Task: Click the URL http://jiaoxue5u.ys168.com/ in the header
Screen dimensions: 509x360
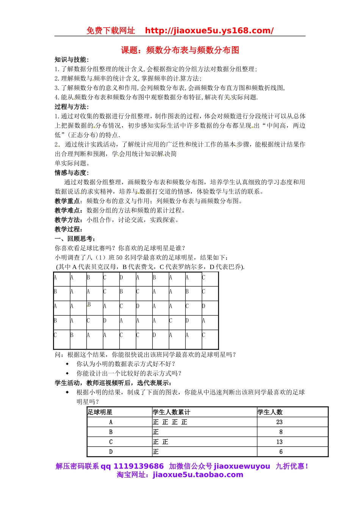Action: tap(209, 31)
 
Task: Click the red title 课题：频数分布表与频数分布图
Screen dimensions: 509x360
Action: tap(180, 50)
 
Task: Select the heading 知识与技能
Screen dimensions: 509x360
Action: tap(71, 59)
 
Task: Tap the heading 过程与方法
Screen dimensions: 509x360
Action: tap(71, 107)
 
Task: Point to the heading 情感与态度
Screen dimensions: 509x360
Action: tap(71, 173)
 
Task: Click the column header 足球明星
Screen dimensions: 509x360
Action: tap(100, 412)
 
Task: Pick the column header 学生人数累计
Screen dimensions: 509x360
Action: tap(171, 412)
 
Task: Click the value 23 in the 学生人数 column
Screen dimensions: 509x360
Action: tap(279, 422)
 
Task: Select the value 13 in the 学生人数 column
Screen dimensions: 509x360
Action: tap(279, 442)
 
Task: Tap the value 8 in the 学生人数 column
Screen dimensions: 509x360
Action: tap(281, 432)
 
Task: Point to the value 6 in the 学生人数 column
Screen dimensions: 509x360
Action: tap(281, 451)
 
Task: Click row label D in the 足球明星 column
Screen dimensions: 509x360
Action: tap(111, 451)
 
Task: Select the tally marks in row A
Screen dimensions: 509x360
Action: tap(170, 422)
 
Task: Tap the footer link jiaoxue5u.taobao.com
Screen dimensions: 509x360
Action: tap(198, 475)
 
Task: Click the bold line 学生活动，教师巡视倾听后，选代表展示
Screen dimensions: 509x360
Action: tap(113, 383)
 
